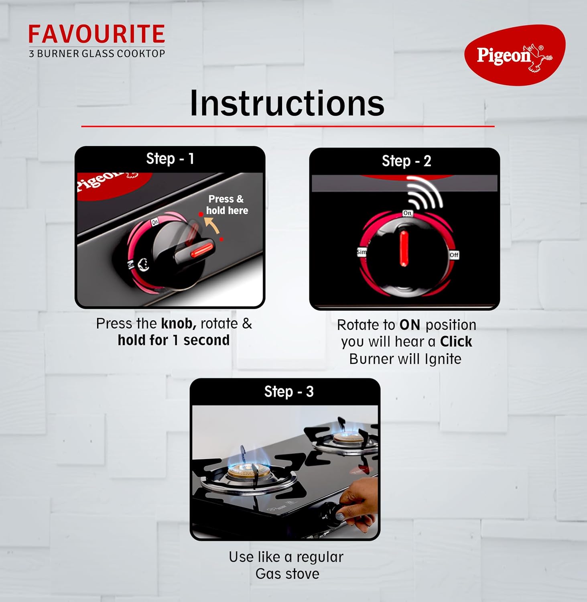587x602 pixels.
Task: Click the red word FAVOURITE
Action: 96,34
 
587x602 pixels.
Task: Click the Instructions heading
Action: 287,103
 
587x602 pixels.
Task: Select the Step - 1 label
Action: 170,159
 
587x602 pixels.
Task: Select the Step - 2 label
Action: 406,161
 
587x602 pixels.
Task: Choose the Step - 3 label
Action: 288,391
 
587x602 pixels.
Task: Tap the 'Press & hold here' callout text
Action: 227,205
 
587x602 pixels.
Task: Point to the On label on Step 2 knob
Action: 407,213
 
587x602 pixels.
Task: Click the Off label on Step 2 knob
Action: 454,255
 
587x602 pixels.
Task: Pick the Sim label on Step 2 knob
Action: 362,252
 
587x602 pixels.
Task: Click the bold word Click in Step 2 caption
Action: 456,342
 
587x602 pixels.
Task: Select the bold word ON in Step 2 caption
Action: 410,325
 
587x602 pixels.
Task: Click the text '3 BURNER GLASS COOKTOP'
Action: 97,53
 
